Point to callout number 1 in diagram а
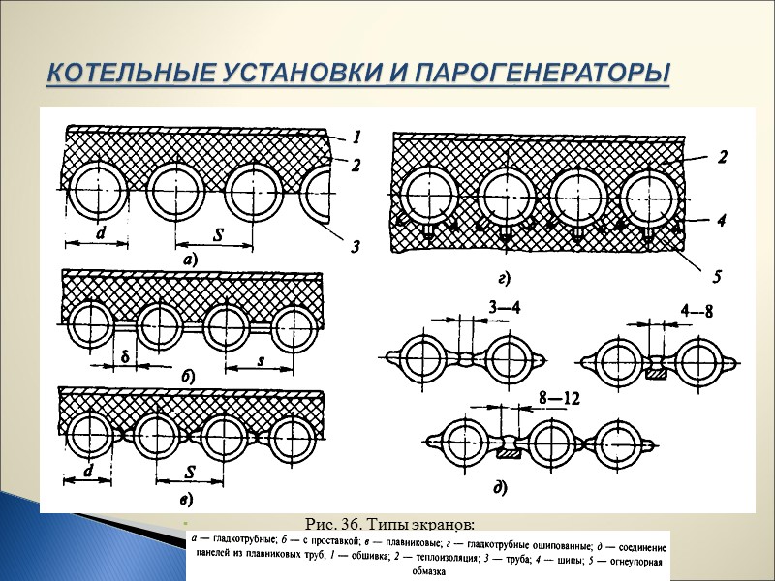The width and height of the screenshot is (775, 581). click(356, 137)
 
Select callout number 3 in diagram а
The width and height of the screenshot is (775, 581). click(356, 248)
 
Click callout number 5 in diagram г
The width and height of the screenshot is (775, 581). click(718, 277)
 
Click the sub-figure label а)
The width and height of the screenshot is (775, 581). click(184, 260)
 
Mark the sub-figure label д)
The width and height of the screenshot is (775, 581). click(499, 486)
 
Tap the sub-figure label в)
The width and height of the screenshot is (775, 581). click(185, 500)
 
